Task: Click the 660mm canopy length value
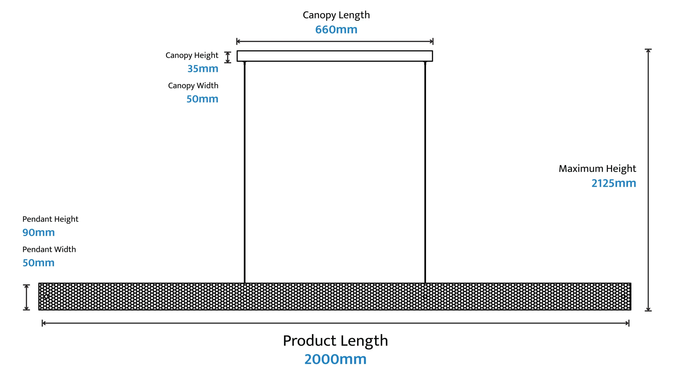click(336, 30)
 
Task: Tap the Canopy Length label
click(336, 15)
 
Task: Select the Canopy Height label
click(192, 55)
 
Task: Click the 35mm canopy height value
click(203, 69)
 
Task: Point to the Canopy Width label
click(193, 86)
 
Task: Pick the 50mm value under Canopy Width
click(202, 99)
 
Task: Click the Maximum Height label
click(597, 169)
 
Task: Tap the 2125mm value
click(614, 183)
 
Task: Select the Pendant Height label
click(50, 219)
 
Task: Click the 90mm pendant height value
click(39, 232)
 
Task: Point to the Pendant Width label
click(49, 249)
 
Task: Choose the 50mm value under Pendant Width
click(39, 263)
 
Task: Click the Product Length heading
click(335, 341)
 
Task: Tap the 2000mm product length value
click(335, 359)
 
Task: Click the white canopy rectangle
click(335, 56)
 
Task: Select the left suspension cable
click(245, 172)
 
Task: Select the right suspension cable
click(425, 172)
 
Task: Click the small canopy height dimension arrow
click(228, 57)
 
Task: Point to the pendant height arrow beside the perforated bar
click(26, 297)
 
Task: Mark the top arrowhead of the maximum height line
click(648, 51)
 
